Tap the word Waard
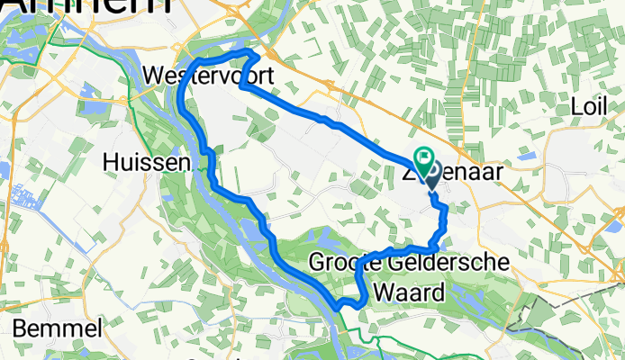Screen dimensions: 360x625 tap(411, 292)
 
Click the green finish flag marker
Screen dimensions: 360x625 tap(423, 157)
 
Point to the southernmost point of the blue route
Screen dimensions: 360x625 tap(337, 308)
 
